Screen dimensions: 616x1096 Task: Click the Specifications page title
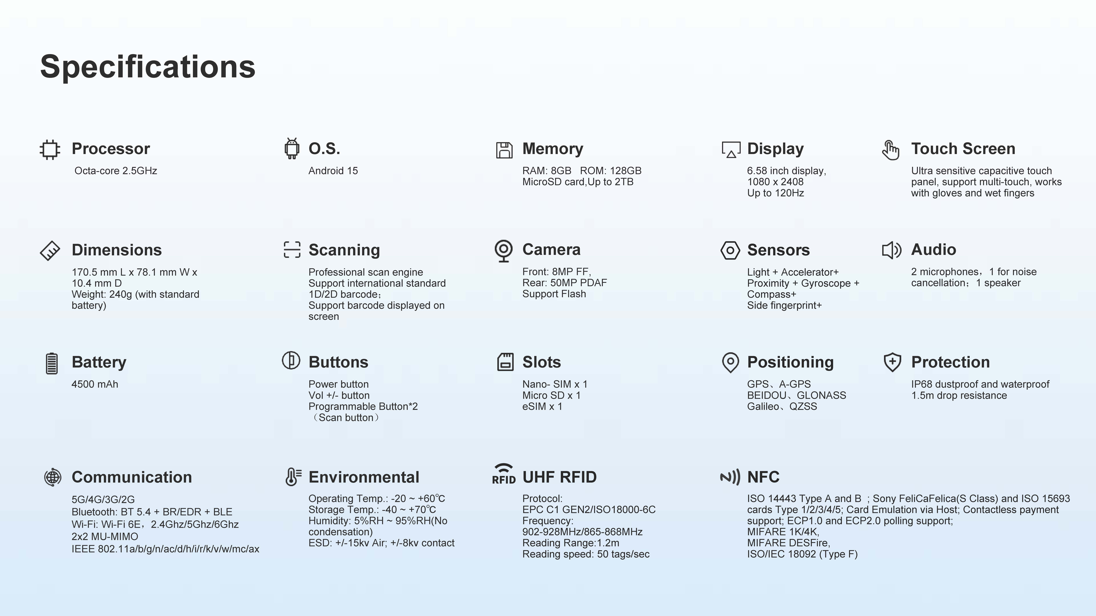click(148, 67)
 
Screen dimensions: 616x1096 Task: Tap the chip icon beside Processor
click(50, 149)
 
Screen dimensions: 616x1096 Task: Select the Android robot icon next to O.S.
click(291, 149)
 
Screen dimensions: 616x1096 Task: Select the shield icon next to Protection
click(892, 362)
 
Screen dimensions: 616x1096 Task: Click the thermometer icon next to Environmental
click(293, 477)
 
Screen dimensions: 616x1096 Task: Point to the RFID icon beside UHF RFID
click(504, 474)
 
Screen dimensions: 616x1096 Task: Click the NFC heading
click(763, 477)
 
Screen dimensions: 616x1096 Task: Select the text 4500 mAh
click(95, 384)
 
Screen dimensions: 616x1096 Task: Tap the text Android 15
click(333, 171)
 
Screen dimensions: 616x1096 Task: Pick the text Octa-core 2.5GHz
click(116, 171)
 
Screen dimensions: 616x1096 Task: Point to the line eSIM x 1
click(542, 406)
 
